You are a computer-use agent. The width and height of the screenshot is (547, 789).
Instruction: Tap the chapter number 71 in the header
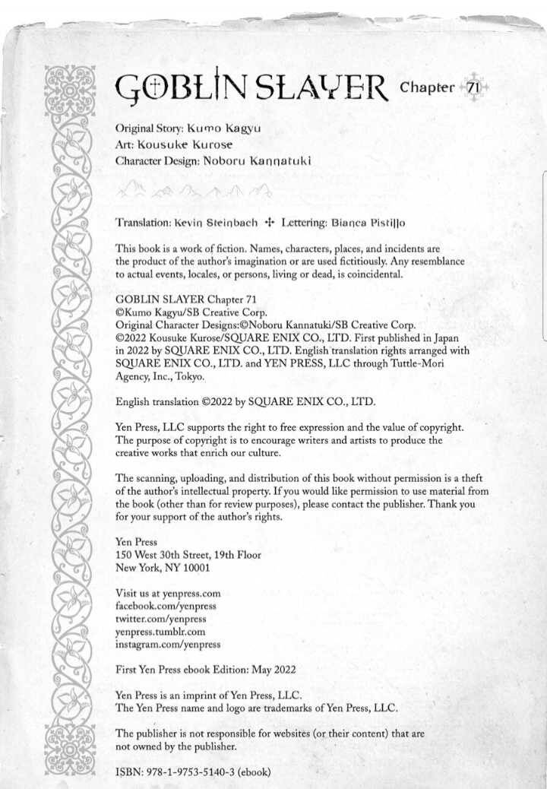click(x=472, y=87)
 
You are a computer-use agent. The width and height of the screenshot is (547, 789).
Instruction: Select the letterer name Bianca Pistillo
click(x=368, y=223)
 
